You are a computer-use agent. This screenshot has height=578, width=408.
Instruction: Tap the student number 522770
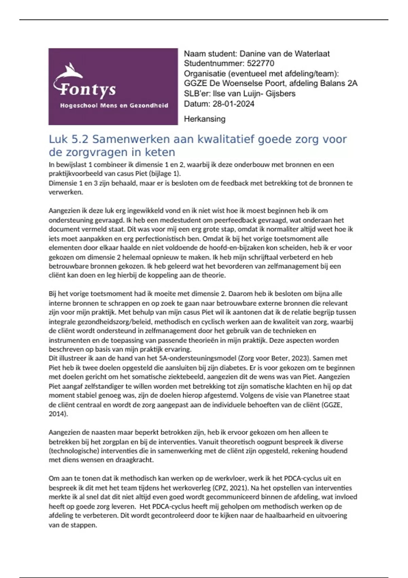(x=260, y=64)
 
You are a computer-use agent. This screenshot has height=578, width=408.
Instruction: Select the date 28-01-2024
(x=233, y=104)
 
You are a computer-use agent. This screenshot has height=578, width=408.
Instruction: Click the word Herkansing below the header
(x=204, y=119)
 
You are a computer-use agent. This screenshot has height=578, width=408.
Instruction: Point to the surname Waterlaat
(x=312, y=54)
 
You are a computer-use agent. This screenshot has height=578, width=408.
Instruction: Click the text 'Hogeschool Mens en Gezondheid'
(x=114, y=105)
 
